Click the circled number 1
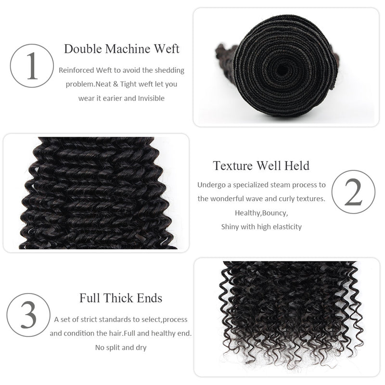coord(32,66)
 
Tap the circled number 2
coord(353,192)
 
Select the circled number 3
coord(28,315)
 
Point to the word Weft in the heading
coord(166,49)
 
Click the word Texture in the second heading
coord(233,166)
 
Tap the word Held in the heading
coord(297,166)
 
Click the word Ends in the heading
coord(150,298)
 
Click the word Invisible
coord(151,98)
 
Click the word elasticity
coord(287,227)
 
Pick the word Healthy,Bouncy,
coord(261,213)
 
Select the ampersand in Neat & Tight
coord(115,84)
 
